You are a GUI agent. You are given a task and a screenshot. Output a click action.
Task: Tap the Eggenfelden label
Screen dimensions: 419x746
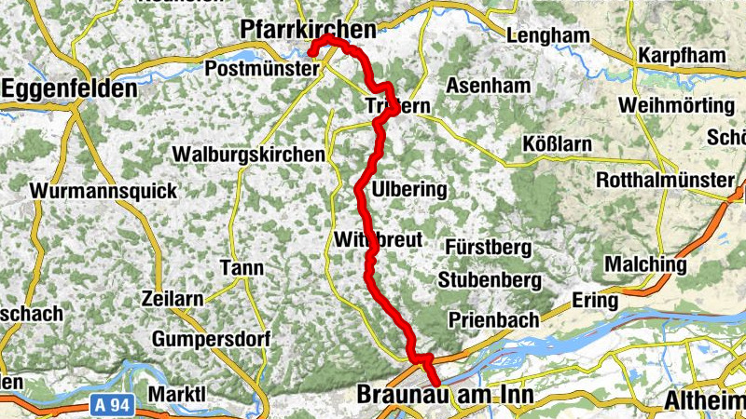coord(71,89)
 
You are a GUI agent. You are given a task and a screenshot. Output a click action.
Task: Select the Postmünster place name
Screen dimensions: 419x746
coord(254,69)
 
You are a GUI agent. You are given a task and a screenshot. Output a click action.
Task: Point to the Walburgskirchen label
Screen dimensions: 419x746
coord(249,154)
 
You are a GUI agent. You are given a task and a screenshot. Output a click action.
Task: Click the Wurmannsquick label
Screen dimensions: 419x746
coord(104,191)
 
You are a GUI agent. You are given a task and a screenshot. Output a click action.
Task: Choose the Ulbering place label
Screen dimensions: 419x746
coord(409,190)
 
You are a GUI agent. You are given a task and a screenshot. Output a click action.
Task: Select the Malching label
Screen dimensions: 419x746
coord(645,265)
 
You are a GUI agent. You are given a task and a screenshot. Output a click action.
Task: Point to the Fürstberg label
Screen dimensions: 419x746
coord(488,249)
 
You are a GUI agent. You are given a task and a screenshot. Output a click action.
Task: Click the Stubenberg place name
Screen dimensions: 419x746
coord(490,279)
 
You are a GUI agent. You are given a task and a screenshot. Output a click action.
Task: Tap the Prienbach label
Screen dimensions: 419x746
coord(493,319)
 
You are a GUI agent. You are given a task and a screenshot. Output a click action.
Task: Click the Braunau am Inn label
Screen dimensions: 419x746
coord(445,396)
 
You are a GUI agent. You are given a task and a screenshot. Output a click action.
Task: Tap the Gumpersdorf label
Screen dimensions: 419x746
coord(210,336)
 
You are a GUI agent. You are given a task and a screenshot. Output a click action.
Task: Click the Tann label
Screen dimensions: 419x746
coord(242,268)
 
